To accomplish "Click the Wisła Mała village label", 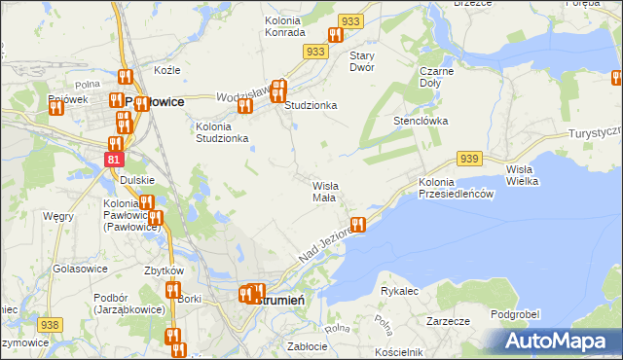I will [x=323, y=191].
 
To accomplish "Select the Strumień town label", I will [x=281, y=300].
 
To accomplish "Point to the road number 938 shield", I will [x=50, y=324].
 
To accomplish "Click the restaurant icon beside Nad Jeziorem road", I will [x=358, y=225].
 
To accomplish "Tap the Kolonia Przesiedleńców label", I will [x=458, y=189].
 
